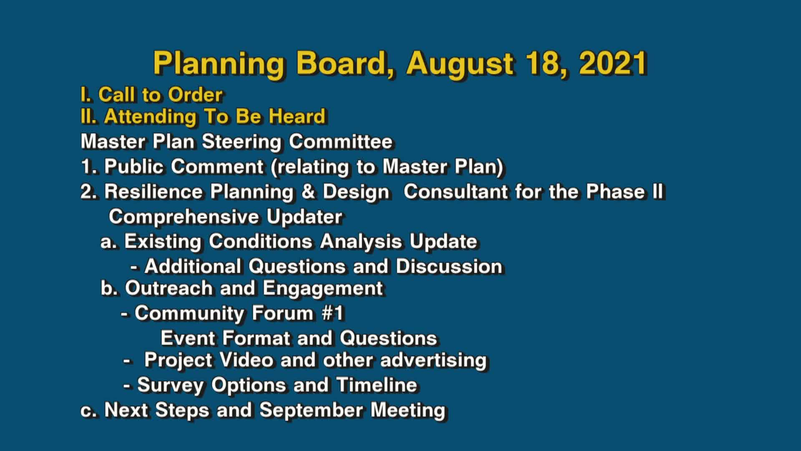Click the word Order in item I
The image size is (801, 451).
tap(195, 95)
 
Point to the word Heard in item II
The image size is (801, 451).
tap(297, 117)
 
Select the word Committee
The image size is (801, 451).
tap(340, 142)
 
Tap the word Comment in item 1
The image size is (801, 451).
tap(217, 167)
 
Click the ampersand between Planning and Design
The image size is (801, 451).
tap(308, 192)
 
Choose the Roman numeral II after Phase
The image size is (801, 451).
tap(657, 192)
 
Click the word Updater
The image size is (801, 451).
tap(304, 217)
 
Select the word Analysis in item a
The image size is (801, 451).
tap(361, 242)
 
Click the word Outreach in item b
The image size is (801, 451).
tap(169, 289)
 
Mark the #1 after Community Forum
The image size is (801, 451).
tap(332, 313)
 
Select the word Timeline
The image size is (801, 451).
tap(376, 385)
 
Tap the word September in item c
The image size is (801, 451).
tap(311, 410)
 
